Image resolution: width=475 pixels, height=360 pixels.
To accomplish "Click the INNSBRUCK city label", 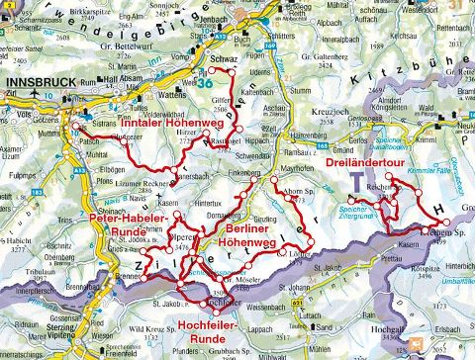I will click(x=39, y=85).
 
